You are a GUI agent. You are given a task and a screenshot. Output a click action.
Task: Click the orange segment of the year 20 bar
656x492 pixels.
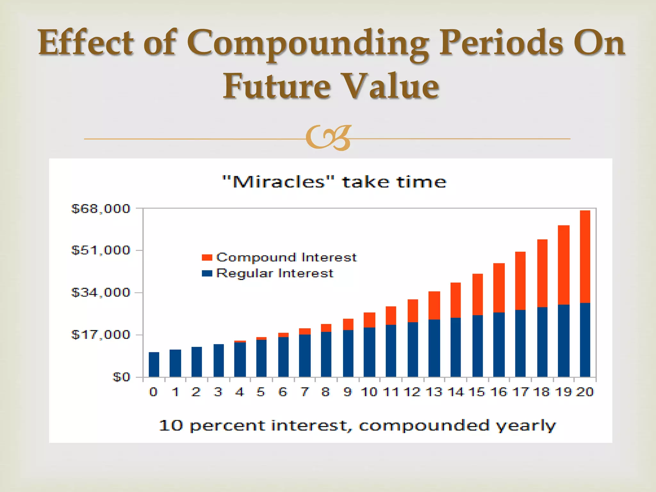pos(585,256)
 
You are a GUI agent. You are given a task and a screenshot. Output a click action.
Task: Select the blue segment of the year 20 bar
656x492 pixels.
pos(585,340)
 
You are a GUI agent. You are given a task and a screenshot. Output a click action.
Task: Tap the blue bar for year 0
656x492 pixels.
pos(154,365)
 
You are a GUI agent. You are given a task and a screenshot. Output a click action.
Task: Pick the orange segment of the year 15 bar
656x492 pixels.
pos(478,294)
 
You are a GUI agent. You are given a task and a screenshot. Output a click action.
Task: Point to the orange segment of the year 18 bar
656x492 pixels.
pos(542,273)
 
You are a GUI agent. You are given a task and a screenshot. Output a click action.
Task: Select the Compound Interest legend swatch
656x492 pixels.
pos(207,258)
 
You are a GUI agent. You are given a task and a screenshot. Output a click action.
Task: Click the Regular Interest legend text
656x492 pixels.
pos(275,274)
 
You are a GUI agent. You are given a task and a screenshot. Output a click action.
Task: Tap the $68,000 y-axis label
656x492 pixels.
pos(101,209)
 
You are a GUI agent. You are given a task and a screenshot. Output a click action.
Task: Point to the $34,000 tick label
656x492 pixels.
pos(101,292)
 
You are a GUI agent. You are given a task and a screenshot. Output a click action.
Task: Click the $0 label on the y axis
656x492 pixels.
pos(121,377)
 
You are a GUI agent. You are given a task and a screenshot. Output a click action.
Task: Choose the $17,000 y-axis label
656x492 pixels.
pos(101,335)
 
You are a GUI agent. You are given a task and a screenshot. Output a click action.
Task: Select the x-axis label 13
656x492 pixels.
pos(434,392)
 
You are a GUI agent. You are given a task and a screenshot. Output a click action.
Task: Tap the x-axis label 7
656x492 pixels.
pos(305,392)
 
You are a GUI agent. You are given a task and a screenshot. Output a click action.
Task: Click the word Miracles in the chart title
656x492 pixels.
pos(279,182)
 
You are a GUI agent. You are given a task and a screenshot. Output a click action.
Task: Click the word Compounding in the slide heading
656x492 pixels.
pos(308,43)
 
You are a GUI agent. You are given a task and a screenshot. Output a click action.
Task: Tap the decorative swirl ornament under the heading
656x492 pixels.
pos(328,138)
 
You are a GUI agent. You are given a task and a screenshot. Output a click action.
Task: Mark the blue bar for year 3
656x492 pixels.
pos(219,360)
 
